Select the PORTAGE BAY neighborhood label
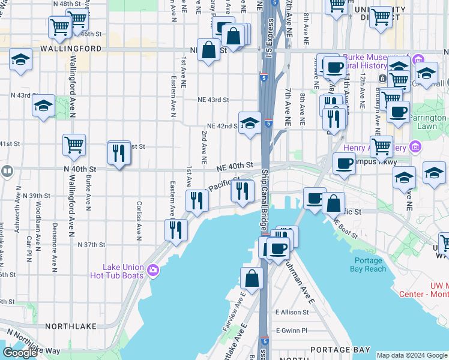[x=332, y=349]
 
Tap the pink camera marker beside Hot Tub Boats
[x=153, y=271]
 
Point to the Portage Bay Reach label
[x=368, y=265]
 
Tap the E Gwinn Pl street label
[x=292, y=330]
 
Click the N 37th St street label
[x=91, y=245]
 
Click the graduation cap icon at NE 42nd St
[x=250, y=124]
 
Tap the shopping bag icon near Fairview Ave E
[x=252, y=278]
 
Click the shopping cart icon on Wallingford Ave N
[x=74, y=145]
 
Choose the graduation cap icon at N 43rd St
[x=44, y=106]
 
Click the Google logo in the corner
[x=20, y=352]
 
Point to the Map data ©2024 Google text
[x=412, y=355]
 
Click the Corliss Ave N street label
[x=139, y=220]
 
